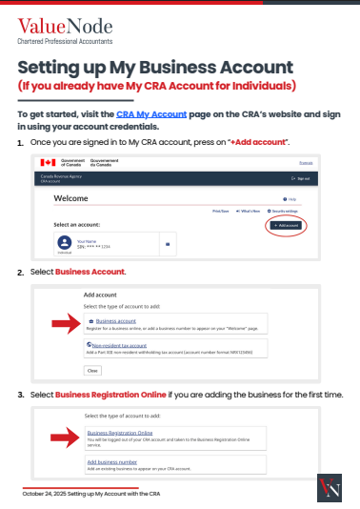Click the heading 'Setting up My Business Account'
[156, 68]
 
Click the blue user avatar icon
[65, 242]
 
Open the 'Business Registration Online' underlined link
[119, 434]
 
